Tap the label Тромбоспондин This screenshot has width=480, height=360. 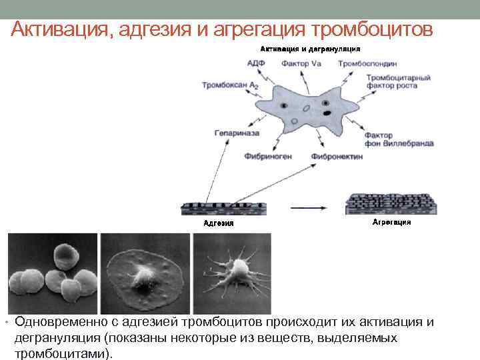368,64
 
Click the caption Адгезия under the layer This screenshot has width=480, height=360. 218,223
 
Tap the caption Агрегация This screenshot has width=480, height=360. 391,221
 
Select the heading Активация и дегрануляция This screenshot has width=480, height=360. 310,49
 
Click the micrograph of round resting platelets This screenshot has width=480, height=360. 52,273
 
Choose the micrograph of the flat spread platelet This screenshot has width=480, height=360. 145,273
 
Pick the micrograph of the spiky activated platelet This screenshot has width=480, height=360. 232,273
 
